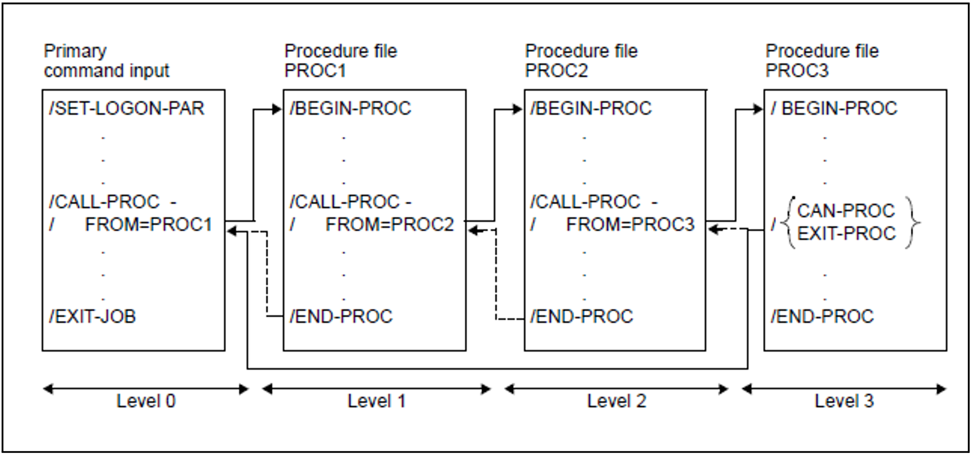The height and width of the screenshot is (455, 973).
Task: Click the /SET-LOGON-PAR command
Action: [127, 109]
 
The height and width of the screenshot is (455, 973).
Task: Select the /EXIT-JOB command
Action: [92, 316]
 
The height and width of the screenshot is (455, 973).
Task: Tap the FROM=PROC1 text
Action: [149, 224]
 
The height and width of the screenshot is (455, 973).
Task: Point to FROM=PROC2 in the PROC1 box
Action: [389, 224]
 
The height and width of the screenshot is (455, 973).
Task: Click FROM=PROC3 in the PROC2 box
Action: [630, 224]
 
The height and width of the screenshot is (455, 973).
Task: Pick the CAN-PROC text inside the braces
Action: [846, 211]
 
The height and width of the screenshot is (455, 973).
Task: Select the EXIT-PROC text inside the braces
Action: [846, 233]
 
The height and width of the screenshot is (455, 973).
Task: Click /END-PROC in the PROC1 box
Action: [341, 316]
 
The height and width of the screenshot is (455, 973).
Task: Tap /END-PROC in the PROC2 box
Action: [582, 316]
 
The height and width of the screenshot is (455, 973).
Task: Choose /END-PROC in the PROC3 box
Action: [822, 316]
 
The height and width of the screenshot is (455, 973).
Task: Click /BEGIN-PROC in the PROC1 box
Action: [350, 109]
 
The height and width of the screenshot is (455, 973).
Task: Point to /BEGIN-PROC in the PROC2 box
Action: [591, 109]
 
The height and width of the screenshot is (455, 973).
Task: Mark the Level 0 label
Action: [146, 401]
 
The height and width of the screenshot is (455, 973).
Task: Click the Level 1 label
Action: [376, 401]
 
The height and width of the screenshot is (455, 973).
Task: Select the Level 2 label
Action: [616, 401]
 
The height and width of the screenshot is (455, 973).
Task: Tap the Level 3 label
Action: [844, 401]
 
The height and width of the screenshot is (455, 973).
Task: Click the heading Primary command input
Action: [106, 61]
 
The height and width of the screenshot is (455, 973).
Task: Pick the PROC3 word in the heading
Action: [797, 71]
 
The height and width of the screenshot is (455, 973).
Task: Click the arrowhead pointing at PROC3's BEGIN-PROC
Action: [758, 109]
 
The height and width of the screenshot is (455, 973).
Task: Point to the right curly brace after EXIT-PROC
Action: [912, 222]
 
